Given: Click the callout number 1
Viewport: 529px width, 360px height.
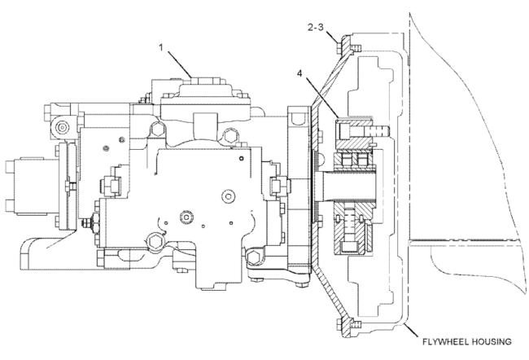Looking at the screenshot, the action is pos(161,47).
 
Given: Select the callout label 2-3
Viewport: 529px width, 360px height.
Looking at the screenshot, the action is pos(316,28).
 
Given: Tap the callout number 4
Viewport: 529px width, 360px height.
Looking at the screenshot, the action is pos(299,73).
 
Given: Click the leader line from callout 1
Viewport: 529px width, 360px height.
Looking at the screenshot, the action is pos(179,64).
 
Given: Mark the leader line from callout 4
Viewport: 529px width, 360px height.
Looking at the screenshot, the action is pos(321,98).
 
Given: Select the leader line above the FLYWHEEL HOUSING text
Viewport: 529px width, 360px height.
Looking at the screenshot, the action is pos(413,331).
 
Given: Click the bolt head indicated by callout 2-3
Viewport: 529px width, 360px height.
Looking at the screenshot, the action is pos(339,46).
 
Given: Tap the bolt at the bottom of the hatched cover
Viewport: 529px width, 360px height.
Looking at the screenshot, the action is pos(339,325).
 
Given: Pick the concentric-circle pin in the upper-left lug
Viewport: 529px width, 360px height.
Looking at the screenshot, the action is pos(63,128).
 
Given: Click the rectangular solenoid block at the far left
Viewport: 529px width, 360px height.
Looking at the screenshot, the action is pos(33,186).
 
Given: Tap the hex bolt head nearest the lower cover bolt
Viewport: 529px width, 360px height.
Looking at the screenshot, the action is pos(253,258).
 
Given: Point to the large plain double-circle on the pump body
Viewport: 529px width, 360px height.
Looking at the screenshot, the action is pos(228,196).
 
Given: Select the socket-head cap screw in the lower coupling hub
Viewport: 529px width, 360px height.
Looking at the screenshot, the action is pos(349,230).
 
